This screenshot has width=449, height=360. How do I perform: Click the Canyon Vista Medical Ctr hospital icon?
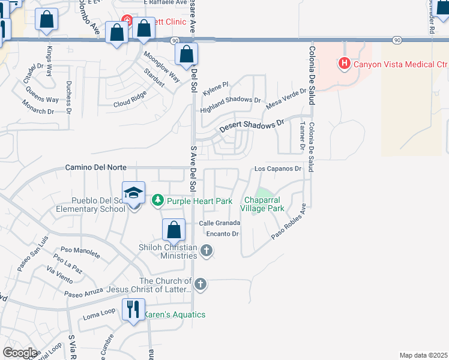point(344,63)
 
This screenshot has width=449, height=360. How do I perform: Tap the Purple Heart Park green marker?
point(158,200)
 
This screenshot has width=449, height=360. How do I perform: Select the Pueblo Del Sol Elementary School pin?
point(133,194)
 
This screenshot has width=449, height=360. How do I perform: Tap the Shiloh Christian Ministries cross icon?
point(206,250)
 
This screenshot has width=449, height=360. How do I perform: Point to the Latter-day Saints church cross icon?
point(200,284)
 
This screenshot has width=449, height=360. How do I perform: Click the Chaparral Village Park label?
point(262,204)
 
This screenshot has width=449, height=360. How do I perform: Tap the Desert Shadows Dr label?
point(252,125)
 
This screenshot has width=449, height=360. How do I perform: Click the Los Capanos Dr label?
point(277,169)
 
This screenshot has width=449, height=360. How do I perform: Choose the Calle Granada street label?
point(220,223)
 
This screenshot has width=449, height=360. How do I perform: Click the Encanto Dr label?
point(223,233)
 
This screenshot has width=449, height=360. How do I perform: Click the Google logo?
point(20,353)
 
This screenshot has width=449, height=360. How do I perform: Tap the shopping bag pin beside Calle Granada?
point(173,230)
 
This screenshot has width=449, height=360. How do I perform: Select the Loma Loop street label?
point(99,313)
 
